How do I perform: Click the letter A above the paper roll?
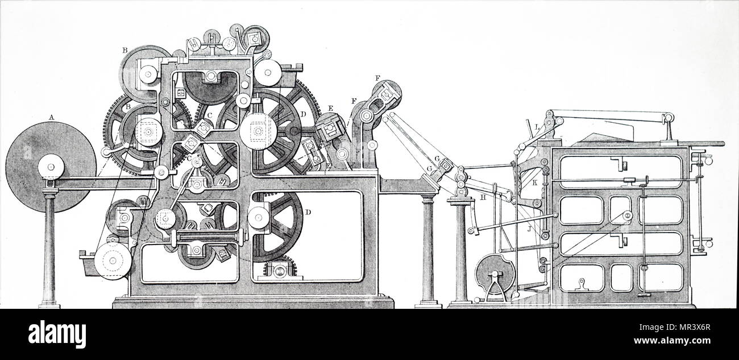coord(51,117)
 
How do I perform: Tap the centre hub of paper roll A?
coord(51,167)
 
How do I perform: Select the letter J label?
coord(529,229)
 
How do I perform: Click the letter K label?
coord(534,183)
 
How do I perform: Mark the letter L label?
coord(537,126)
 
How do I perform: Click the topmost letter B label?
coord(124,51)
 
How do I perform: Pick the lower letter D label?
coord(308,212)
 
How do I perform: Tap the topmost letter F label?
coord(377,78)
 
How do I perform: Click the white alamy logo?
coord(57,334)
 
